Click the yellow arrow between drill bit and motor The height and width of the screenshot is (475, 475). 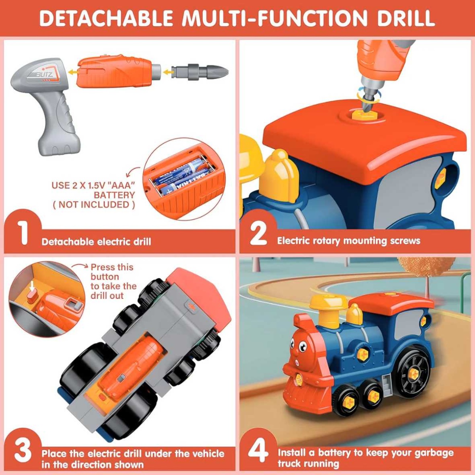point(167,72)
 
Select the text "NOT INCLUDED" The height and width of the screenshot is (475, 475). point(94,204)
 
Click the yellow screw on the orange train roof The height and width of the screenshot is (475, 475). point(360,114)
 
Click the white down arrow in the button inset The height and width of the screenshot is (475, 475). point(32,286)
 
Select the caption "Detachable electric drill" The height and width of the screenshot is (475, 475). point(96,241)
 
